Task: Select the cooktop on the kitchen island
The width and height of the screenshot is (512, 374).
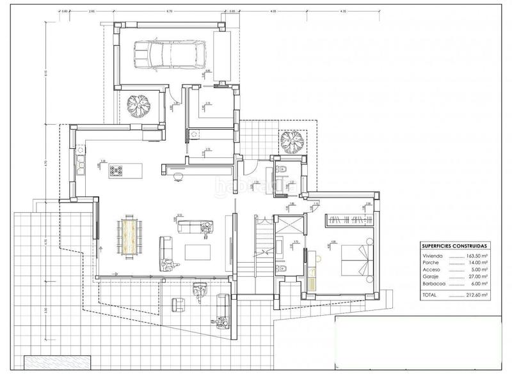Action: coord(117,170)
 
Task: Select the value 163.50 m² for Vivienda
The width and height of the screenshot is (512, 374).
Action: coord(477,254)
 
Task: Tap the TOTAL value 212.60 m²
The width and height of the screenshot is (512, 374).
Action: coord(477,295)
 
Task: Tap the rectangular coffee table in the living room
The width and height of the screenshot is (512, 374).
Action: coord(197,252)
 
